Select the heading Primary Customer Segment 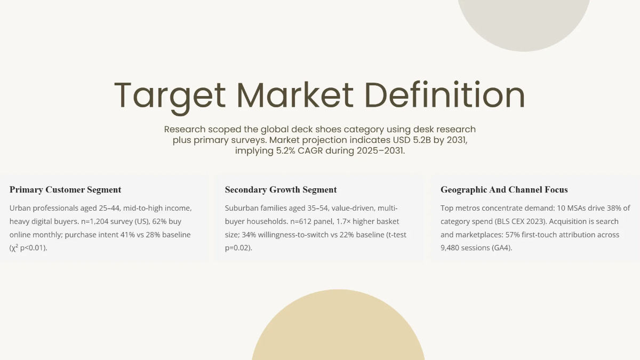[66, 190]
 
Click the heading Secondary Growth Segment [281, 190]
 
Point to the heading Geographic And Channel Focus [504, 190]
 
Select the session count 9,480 [454, 248]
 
